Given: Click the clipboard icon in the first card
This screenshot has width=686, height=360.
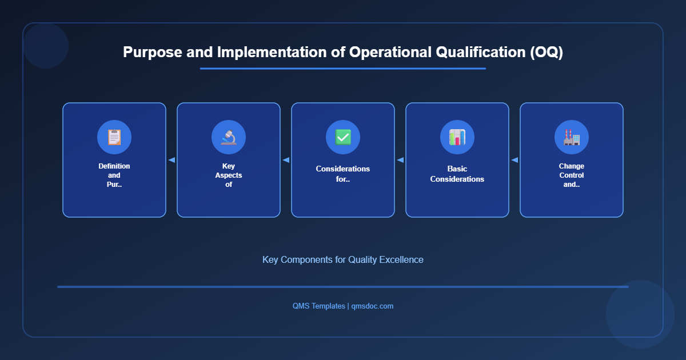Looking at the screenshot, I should click(114, 137).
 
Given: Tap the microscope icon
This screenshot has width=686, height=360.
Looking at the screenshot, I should click(229, 137).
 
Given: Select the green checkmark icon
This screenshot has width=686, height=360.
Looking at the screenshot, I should click(343, 137).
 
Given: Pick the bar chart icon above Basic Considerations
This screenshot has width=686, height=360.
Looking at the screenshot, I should click(457, 137).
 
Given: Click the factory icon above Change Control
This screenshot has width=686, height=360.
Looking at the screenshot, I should click(572, 137).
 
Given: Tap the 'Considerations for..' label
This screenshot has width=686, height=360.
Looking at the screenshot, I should click(343, 174).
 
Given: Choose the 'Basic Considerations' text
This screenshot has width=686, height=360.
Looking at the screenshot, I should click(457, 174).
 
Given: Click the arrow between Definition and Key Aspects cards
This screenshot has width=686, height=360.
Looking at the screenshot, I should click(171, 160).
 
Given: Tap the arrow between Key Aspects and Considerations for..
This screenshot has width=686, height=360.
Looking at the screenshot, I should click(286, 160).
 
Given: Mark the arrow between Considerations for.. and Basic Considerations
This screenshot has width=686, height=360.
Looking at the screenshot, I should click(400, 160).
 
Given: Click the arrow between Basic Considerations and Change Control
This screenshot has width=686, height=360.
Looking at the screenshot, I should click(514, 160).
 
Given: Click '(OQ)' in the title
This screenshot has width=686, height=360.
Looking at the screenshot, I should click(545, 52).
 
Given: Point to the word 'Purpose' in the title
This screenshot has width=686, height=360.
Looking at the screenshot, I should click(151, 52).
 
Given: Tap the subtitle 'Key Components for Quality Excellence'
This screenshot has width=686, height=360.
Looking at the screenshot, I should click(343, 259).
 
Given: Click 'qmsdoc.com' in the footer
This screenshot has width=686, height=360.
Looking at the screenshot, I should click(372, 306).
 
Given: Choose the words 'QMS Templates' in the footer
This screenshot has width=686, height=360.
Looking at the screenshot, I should click(318, 306).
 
